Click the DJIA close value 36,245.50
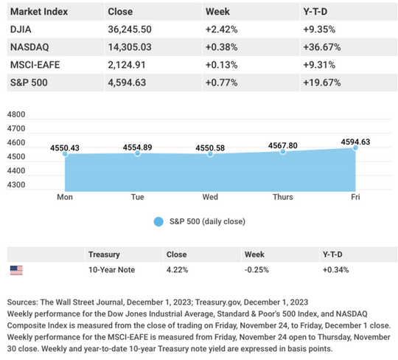click(130, 30)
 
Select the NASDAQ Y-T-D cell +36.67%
click(322, 47)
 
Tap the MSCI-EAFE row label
click(35, 65)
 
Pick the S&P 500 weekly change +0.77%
click(222, 83)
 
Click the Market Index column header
click(39, 12)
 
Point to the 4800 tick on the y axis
click(16, 114)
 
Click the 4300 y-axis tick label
click(16, 184)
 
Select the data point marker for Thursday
click(283, 152)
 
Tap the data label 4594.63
click(355, 142)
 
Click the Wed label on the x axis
click(210, 197)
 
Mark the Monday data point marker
click(65, 153)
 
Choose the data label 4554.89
click(137, 148)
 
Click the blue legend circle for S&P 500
click(158, 221)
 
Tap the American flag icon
click(16, 270)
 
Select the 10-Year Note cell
click(112, 270)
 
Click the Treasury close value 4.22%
click(177, 270)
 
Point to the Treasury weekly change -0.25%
click(256, 270)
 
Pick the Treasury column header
click(104, 255)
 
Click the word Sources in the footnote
click(23, 302)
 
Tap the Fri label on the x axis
click(355, 197)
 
